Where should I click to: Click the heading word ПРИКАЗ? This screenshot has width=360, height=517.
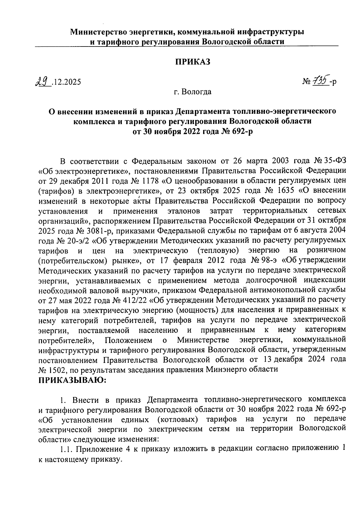pyautogui.click(x=193, y=62)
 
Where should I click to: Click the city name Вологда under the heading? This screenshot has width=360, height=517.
pyautogui.click(x=196, y=92)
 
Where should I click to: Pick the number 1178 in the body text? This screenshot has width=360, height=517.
pyautogui.click(x=149, y=181)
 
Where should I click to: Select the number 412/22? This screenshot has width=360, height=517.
pyautogui.click(x=134, y=300)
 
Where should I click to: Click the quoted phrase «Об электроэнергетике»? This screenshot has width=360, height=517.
pyautogui.click(x=84, y=171)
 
